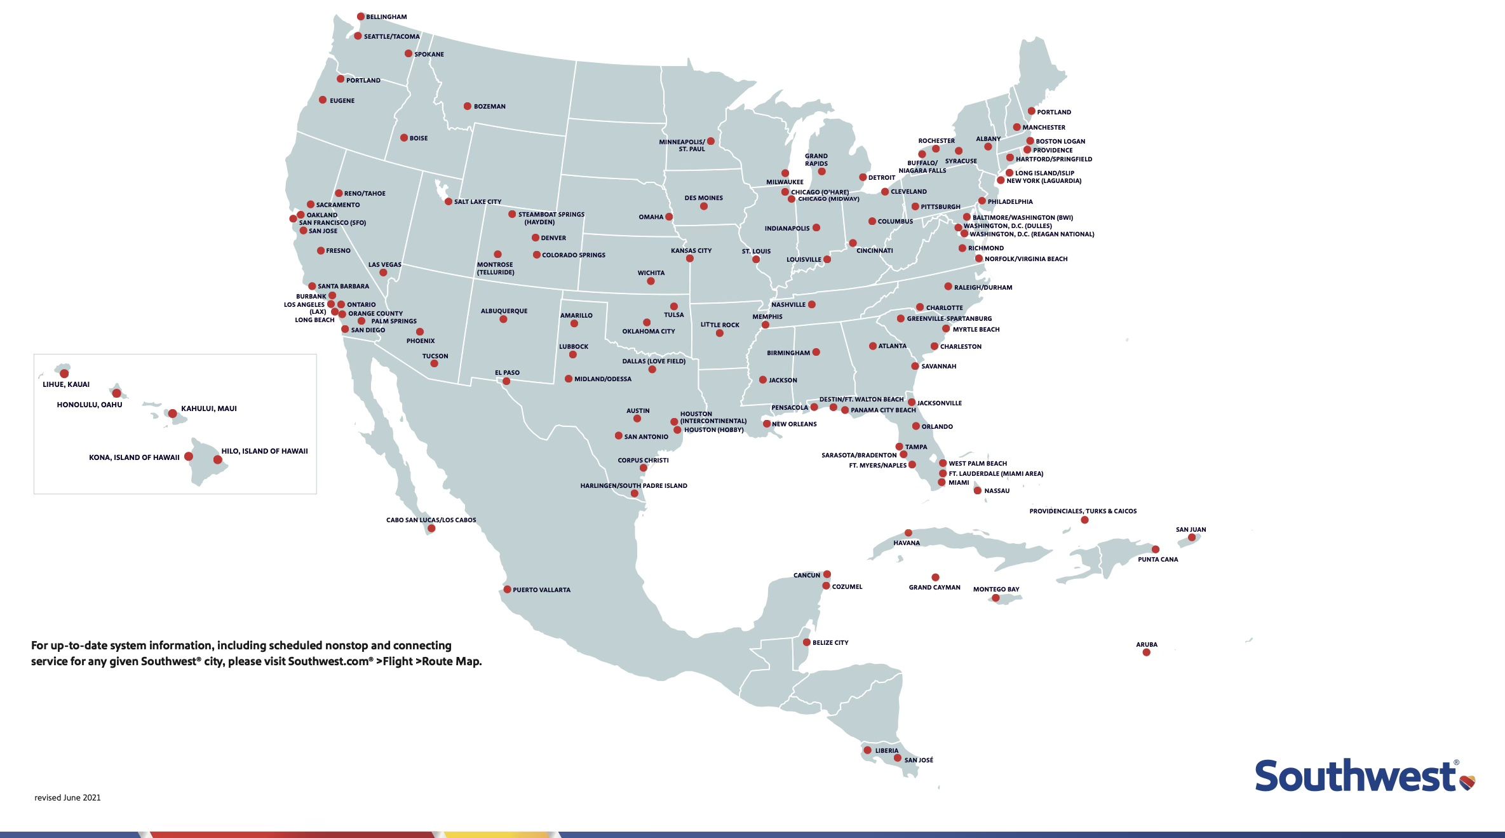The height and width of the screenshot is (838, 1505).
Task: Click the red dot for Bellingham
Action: coord(361,17)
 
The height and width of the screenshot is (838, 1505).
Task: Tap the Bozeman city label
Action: coord(489,107)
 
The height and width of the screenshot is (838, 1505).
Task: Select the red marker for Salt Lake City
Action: coord(449,201)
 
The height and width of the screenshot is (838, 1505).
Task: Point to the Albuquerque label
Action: coord(504,311)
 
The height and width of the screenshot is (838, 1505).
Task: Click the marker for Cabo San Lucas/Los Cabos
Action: coord(431,529)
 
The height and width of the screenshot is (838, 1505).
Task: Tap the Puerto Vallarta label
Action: coord(541,590)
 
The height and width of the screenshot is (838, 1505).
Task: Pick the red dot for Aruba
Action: coord(1146,652)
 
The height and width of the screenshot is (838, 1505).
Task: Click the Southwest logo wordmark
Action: coord(1354,776)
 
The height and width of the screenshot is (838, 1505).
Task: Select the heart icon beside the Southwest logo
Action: coord(1467,782)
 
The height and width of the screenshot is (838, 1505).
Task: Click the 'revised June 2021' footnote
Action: coord(67,798)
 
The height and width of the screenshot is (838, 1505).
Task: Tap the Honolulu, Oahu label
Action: coord(90,405)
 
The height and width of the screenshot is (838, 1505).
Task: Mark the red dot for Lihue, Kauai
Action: coord(64,374)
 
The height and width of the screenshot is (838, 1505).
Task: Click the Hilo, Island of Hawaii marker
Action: coord(218,459)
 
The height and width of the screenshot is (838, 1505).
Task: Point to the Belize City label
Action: coord(830,643)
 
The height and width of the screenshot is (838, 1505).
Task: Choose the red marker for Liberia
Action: coord(867,750)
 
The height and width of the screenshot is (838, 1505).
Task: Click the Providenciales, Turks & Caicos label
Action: coord(1083,511)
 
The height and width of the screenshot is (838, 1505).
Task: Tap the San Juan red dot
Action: coord(1192,537)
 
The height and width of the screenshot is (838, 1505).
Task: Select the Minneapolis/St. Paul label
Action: coord(682,145)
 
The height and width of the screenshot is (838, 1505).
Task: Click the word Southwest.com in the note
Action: coord(328,661)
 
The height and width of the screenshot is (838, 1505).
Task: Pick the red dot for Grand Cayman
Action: coord(935,578)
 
